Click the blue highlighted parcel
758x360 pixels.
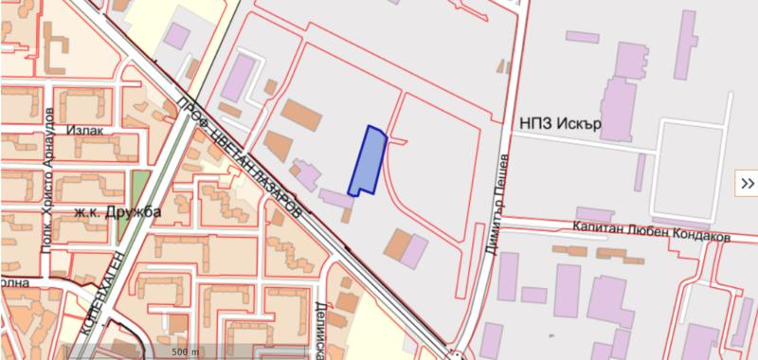367,161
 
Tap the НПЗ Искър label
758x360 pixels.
561,124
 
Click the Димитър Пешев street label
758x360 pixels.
500,195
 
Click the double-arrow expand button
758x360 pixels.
747,184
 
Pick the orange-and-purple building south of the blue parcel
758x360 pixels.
406,246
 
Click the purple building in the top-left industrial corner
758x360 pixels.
177,36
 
